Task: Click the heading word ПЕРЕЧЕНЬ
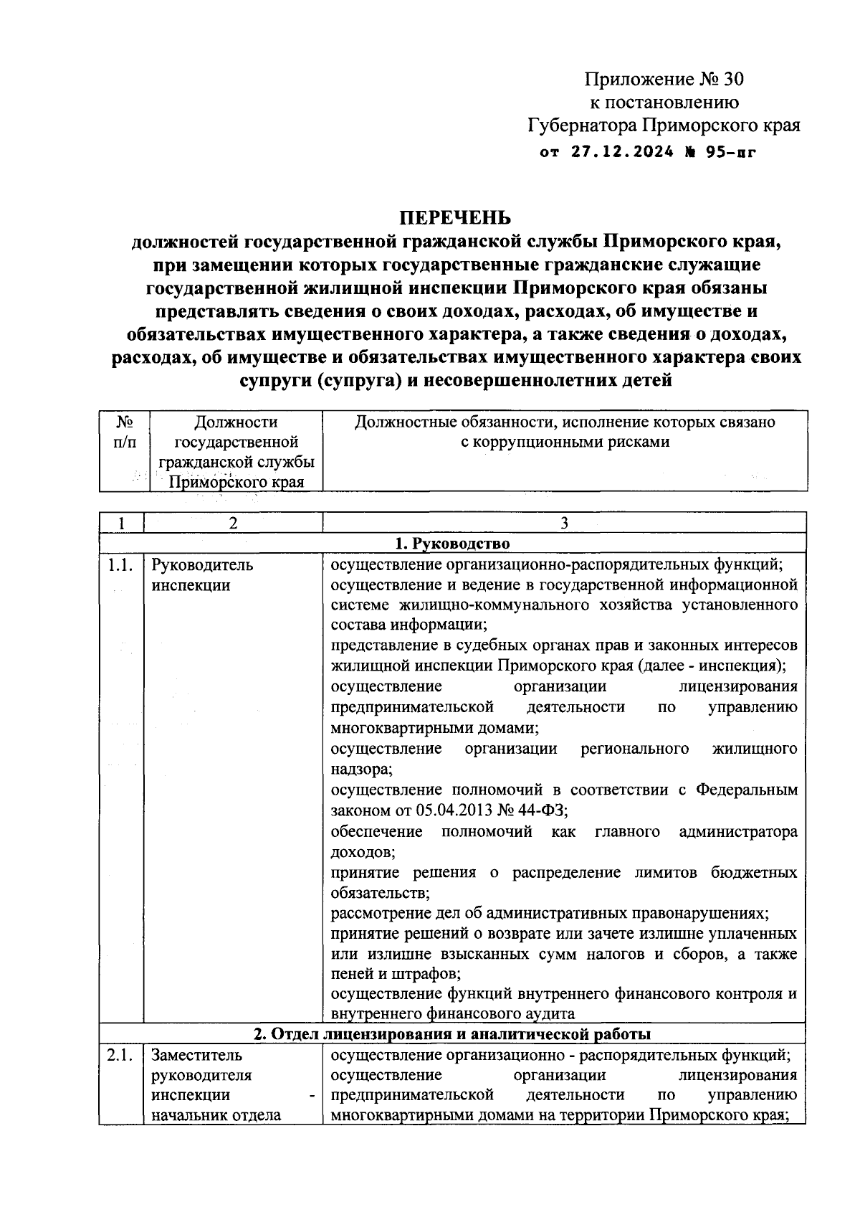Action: tap(456, 217)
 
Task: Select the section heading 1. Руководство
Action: tap(452, 543)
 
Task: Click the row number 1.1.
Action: tap(120, 564)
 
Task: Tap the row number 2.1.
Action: tap(120, 1055)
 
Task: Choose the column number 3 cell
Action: tap(564, 523)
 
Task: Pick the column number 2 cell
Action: tap(233, 523)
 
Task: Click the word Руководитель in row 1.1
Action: tap(202, 564)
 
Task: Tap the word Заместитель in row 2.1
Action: tap(197, 1055)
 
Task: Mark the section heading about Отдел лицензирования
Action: tap(452, 1033)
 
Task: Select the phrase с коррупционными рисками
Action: tap(564, 442)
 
